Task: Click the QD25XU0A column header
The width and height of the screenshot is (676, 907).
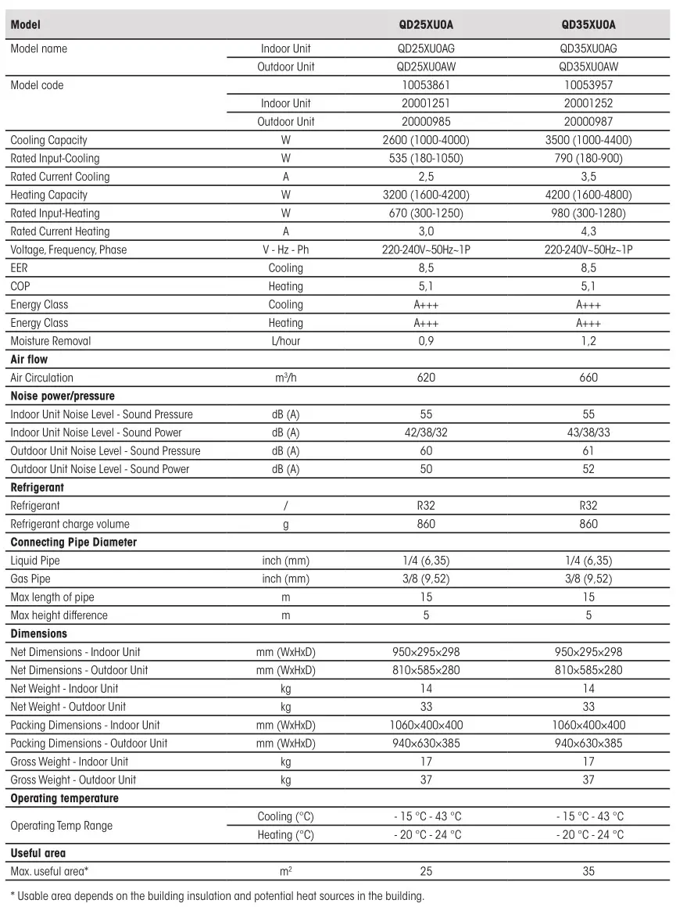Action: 426,25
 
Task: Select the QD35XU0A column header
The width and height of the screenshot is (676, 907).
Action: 588,25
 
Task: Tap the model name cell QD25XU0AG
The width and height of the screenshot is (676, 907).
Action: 426,48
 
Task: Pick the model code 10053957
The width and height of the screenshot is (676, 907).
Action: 588,85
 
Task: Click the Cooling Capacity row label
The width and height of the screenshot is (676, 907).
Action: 48,141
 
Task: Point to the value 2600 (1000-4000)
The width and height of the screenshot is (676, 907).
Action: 426,141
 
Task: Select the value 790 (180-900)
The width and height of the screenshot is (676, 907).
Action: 588,159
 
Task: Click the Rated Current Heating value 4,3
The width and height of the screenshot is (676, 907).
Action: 588,231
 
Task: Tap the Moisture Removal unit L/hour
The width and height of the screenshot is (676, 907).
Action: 285,342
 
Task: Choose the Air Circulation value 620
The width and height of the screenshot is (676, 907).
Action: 426,378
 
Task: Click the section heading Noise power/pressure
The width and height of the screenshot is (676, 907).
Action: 63,396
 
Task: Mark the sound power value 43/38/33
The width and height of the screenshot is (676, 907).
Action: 588,432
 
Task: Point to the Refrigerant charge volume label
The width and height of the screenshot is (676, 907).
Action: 70,524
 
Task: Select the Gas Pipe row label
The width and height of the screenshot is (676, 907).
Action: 30,579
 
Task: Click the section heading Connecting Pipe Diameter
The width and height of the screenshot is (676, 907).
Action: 73,543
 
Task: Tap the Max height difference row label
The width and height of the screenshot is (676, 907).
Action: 59,615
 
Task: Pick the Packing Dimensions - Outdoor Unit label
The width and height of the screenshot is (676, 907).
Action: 88,744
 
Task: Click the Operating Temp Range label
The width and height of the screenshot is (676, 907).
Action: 61,826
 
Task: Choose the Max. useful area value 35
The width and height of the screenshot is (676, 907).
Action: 588,871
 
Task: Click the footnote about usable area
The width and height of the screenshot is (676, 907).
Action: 216,896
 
